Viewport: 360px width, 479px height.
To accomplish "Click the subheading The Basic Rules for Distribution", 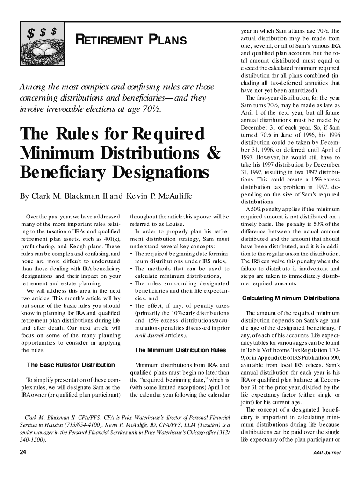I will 71,365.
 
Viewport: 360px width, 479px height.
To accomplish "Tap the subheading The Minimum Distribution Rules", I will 180,350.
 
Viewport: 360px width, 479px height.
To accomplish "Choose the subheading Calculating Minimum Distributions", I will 290,298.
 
